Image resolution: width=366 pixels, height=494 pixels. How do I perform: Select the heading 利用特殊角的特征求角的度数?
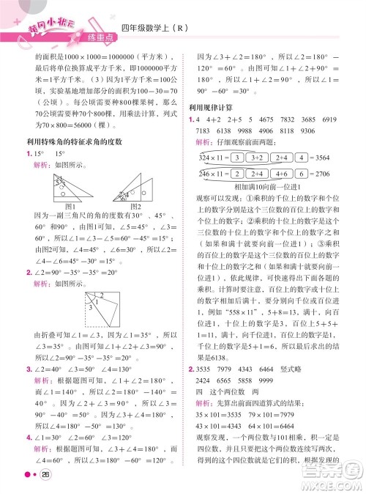click(70, 141)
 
